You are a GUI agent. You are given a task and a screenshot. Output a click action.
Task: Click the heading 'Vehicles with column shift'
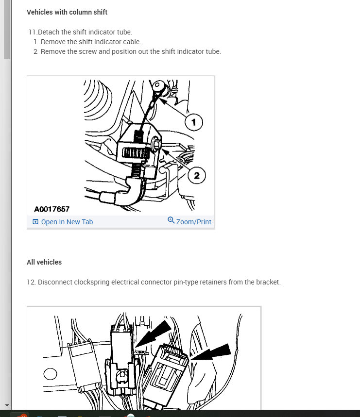coord(67,12)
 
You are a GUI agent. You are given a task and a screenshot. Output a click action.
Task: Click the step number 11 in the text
coord(33,32)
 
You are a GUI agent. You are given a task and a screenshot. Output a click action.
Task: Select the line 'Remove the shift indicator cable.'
coord(91,42)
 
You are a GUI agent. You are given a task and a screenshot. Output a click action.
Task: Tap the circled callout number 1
coord(194,123)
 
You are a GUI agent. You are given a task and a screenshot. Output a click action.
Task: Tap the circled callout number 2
coord(196,175)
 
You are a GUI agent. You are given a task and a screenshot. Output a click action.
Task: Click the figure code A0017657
coord(51,209)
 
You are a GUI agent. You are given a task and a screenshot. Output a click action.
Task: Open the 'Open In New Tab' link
coord(67,222)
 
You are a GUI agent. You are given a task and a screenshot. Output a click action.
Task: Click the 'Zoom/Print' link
coord(193,222)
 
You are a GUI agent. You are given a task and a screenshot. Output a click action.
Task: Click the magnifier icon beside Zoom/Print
coord(171,220)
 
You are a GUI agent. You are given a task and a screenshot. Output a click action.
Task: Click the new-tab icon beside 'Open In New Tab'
coord(35,222)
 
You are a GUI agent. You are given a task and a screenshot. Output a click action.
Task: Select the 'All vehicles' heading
coord(44,262)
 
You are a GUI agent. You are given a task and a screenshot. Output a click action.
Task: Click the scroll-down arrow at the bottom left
coord(7,405)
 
